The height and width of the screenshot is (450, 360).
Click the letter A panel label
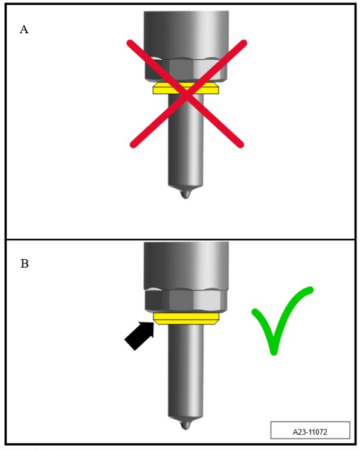[x=24, y=29]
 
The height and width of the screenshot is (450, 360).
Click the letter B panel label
[x=25, y=263]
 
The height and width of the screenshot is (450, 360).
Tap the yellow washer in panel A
[x=186, y=88]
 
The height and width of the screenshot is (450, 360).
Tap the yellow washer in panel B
[x=186, y=318]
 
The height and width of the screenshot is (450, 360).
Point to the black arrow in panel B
[x=140, y=336]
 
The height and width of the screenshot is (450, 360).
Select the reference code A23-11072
[x=310, y=432]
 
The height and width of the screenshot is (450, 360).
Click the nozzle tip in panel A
[x=185, y=194]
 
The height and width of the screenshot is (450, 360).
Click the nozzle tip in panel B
[x=185, y=425]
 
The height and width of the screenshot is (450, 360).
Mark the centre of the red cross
[x=187, y=94]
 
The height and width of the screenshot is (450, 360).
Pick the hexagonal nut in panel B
[x=186, y=300]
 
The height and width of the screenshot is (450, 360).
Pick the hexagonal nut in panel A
[x=186, y=69]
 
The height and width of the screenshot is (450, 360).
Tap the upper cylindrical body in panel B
[x=186, y=265]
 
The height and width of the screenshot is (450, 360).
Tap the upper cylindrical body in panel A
[x=186, y=35]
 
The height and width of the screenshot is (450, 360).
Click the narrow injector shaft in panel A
[x=185, y=141]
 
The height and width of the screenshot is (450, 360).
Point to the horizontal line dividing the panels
[x=181, y=239]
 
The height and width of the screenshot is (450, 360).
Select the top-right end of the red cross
[x=244, y=42]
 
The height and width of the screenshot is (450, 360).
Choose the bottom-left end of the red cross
[x=133, y=145]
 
